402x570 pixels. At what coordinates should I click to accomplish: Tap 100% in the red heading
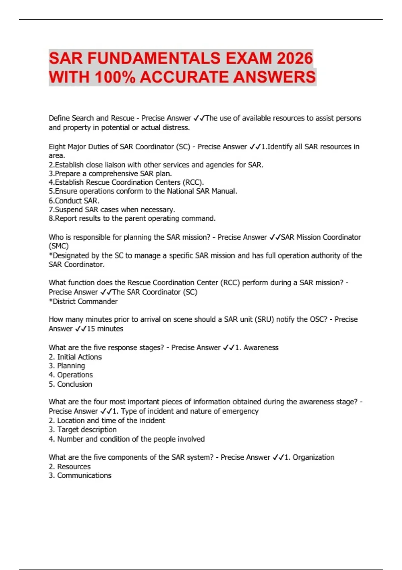115,77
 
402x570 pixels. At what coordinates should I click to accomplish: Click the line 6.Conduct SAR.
74,201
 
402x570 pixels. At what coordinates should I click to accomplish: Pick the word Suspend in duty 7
68,210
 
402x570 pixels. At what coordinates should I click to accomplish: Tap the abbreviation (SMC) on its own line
59,246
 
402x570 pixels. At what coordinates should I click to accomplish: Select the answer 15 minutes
105,329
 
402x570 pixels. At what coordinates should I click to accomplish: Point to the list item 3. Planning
67,366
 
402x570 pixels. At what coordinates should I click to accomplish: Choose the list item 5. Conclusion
70,384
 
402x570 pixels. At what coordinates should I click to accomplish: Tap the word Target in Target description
67,430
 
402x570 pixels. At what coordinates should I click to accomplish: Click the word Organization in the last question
313,457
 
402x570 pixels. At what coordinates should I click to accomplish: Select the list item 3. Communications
80,475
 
